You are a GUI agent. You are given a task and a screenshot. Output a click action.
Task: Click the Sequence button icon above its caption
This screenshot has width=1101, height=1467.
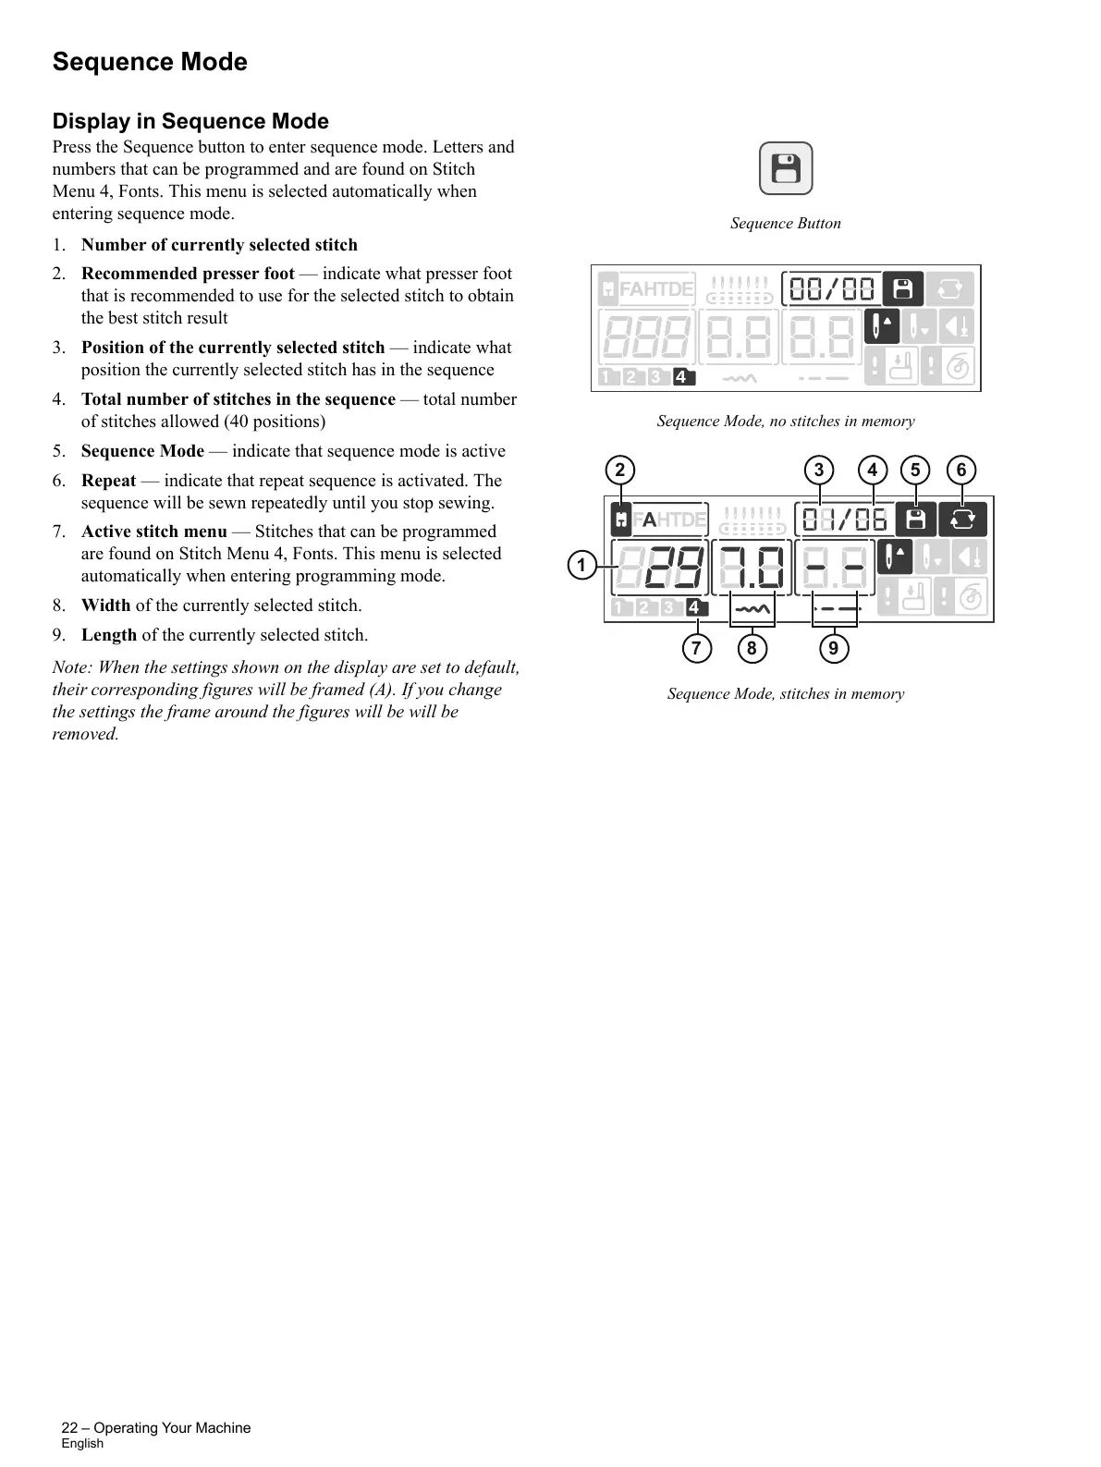pos(785,168)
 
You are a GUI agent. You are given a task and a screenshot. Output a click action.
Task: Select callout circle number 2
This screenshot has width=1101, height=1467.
pos(620,470)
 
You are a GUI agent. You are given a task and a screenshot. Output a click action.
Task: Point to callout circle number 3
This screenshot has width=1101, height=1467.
pos(818,470)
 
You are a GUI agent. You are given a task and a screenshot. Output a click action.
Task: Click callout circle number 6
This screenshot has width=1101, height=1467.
pos(961,470)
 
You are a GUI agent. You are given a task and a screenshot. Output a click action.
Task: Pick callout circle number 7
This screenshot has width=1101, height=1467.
pos(696,648)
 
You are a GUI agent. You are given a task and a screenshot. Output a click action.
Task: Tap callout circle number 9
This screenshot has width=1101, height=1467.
pos(833,648)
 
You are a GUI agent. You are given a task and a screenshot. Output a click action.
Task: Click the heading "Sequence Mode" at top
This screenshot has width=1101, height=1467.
pos(150,62)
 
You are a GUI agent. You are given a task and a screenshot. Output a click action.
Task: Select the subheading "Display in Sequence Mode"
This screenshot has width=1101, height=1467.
pos(190,121)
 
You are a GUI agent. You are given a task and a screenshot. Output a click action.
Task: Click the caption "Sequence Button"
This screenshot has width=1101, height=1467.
pos(785,223)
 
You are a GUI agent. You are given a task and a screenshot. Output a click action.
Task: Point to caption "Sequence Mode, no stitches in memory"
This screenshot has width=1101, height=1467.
pos(785,421)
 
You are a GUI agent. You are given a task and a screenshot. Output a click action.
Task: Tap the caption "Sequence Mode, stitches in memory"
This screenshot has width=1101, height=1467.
pos(785,693)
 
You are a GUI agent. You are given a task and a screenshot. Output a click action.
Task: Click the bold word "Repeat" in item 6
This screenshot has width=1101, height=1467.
pos(108,481)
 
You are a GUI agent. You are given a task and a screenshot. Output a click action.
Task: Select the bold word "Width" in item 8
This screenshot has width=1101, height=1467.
pos(105,605)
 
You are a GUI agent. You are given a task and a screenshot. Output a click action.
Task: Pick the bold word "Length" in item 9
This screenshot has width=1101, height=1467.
pos(109,635)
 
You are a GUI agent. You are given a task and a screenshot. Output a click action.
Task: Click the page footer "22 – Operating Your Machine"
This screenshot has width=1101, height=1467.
pos(156,1427)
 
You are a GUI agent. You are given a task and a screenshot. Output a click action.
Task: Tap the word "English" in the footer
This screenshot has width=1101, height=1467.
pos(82,1443)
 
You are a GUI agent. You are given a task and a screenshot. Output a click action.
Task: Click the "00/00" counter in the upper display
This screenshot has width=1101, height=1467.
pos(831,289)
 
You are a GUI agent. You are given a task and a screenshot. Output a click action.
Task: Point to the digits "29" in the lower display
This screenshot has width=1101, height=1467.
pos(670,566)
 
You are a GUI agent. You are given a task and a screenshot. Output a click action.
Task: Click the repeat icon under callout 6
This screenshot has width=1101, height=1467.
pos(962,520)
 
